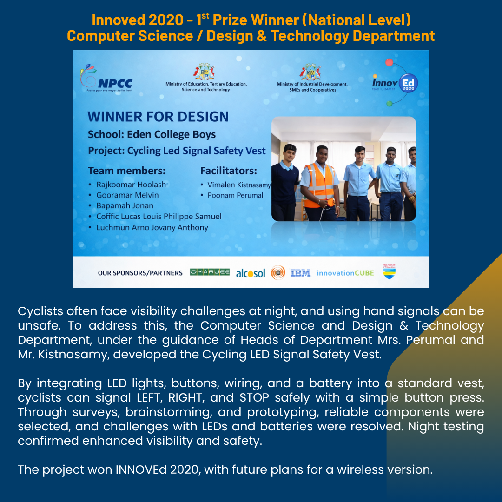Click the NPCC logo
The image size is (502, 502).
pos(106,78)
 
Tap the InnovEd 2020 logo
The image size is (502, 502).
pos(395,83)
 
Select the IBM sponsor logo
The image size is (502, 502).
pos(301,273)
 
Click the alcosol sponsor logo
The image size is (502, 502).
pos(251,273)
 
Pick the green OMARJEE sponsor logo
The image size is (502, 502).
pos(210,272)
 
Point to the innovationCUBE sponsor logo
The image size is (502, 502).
pos(345,273)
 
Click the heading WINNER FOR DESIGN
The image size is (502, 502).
pos(158,117)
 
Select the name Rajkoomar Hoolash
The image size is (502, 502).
pos(131,185)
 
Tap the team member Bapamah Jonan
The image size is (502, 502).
pos(125,205)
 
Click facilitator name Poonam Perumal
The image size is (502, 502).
pos(235,195)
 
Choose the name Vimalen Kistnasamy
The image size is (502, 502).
pos(239,185)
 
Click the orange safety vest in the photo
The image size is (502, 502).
pos(320,185)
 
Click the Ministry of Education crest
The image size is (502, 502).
pos(204,72)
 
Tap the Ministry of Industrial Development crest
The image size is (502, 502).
pos(310,72)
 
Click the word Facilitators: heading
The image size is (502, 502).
pos(229,171)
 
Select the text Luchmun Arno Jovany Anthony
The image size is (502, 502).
pos(152,228)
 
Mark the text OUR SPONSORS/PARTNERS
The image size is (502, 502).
pos(140,273)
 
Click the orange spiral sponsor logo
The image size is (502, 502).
pos(278,273)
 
